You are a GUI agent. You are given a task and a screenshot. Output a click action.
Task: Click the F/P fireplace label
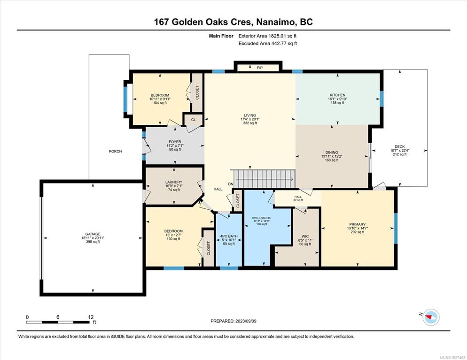point(260,68)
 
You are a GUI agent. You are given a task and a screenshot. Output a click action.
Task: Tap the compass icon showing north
point(431,317)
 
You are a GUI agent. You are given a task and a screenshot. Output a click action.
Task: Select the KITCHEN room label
point(337,95)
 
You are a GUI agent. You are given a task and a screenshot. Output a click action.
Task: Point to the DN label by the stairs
point(231,184)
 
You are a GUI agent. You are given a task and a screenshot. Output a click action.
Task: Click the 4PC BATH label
point(229,236)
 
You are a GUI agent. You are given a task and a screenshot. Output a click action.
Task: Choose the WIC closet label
point(305,237)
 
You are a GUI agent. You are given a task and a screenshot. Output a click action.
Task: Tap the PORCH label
point(115,152)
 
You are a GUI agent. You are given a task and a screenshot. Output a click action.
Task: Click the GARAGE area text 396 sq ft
point(93,242)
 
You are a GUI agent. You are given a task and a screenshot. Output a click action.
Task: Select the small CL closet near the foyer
point(193,120)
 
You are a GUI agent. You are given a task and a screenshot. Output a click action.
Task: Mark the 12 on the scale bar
point(91,317)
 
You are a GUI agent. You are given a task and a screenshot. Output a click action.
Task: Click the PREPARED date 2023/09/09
point(246,322)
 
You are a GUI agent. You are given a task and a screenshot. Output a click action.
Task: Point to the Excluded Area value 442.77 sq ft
point(284,44)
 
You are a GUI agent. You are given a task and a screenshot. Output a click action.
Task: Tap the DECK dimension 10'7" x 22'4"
point(399,151)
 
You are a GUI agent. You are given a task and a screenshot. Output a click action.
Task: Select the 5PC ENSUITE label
point(262,218)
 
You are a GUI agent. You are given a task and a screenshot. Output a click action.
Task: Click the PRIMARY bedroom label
point(358,224)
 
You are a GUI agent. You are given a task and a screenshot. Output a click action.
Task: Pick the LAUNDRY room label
point(174,182)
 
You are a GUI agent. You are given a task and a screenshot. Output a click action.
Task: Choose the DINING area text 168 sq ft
point(332,161)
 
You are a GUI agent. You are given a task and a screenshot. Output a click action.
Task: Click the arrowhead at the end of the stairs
point(292,179)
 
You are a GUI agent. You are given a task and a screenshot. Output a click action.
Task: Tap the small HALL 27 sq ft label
point(298,199)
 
